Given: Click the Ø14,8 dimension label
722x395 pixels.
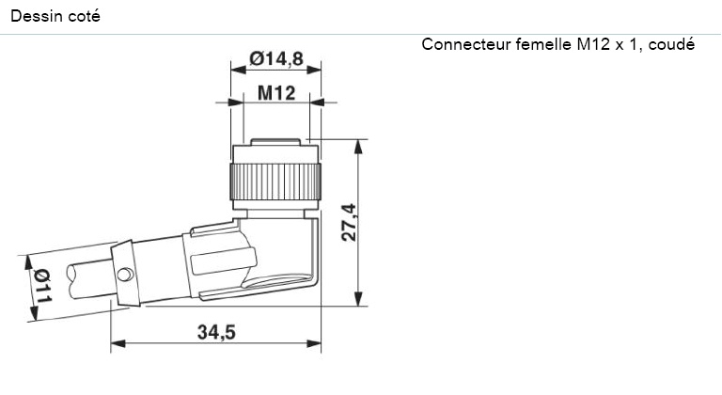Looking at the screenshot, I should point(275,59).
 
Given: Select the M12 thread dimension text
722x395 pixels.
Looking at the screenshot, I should point(276,93).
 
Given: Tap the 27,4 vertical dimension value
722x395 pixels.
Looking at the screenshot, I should point(348,222).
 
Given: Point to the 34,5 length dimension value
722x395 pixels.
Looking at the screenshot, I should point(215,331).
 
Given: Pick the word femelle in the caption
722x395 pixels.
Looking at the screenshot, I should point(543,45).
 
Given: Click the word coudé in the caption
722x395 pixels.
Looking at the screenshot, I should point(671,45).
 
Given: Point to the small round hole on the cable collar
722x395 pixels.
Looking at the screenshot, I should point(127,275).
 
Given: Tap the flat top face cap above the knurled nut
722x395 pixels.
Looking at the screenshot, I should point(276,143).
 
